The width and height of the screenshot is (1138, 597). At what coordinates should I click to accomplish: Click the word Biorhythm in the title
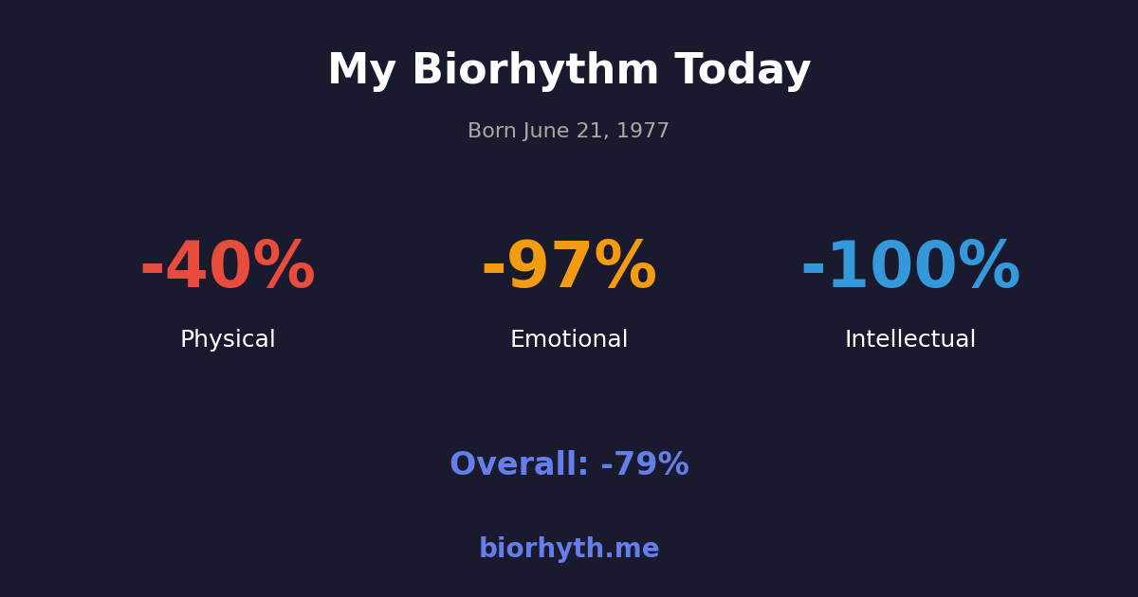(x=535, y=71)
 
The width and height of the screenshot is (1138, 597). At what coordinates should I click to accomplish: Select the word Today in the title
(x=743, y=71)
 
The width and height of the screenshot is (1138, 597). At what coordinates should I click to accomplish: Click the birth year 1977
(x=644, y=132)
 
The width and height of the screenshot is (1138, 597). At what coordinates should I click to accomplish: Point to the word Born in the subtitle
(x=491, y=132)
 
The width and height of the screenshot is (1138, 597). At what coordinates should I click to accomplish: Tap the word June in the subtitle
(x=547, y=132)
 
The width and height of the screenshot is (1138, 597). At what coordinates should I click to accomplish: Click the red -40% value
(x=228, y=267)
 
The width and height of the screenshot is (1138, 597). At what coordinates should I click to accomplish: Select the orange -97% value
(x=569, y=267)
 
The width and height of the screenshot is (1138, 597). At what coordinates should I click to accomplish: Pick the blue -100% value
(x=910, y=267)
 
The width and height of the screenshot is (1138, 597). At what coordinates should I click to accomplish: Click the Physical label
(x=228, y=340)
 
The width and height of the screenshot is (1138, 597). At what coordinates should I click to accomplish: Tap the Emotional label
(x=569, y=340)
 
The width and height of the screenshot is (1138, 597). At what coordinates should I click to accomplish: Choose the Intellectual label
(x=910, y=340)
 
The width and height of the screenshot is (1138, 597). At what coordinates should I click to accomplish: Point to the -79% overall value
(x=645, y=465)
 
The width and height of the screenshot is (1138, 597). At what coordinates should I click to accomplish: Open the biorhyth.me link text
(x=569, y=550)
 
